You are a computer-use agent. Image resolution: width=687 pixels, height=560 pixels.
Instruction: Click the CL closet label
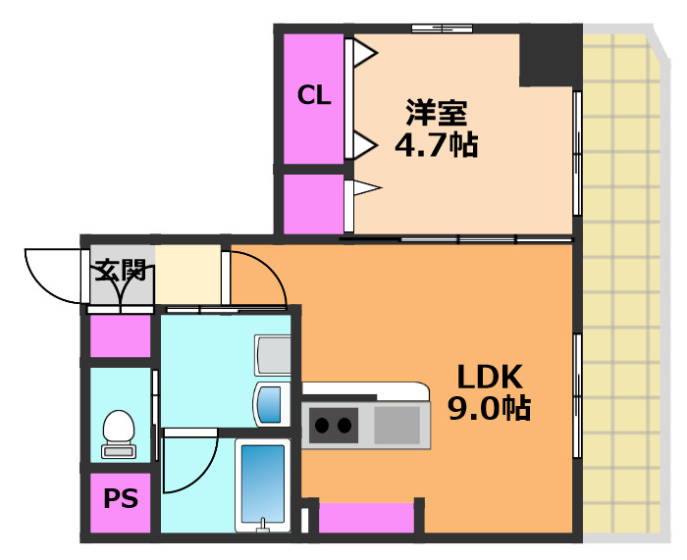point(314,95)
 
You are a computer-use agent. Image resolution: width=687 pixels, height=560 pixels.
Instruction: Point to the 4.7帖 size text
point(436,145)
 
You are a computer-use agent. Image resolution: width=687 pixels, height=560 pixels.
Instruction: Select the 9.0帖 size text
point(489,407)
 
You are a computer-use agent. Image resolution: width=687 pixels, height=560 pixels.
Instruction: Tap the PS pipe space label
point(121,498)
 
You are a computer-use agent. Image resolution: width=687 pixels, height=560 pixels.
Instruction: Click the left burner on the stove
point(321,426)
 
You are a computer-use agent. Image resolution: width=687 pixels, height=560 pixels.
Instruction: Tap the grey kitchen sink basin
point(396,426)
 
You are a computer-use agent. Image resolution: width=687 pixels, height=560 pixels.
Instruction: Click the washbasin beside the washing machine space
point(269,403)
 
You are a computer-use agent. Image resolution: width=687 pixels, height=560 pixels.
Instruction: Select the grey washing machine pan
point(273,354)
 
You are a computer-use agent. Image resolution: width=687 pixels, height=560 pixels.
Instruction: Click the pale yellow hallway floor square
point(188,276)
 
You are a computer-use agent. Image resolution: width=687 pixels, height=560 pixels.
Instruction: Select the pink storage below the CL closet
point(313,205)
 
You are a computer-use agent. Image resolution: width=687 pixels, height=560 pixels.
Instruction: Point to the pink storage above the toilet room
point(120,336)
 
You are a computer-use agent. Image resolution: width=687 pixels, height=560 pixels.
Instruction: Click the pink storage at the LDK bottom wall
point(366,518)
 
